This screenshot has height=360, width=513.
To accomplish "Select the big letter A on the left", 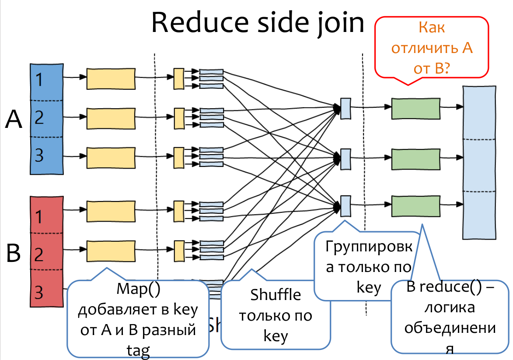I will pos(14,119).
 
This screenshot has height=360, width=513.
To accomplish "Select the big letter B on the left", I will pos(14,253).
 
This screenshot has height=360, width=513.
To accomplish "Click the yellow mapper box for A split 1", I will pos(110,79).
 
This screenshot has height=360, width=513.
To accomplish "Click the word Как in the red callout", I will pos(432,28).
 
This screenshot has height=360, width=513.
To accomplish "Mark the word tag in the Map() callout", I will pos(137,350).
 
